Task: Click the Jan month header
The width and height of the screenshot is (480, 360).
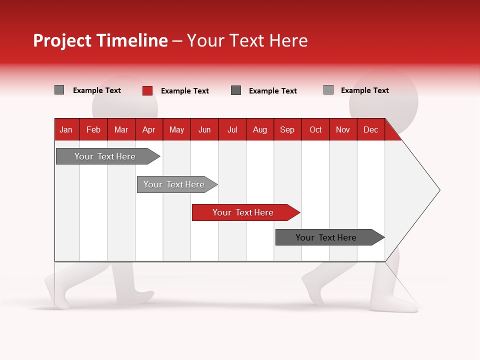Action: tap(66, 129)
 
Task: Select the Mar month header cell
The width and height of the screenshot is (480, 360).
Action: tap(121, 129)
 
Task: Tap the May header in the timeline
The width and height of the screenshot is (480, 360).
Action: tap(176, 129)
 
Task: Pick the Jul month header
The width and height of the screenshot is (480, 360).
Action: tap(232, 129)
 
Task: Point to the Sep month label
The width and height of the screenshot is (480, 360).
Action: tap(287, 129)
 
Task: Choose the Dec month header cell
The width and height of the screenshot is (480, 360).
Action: tap(370, 129)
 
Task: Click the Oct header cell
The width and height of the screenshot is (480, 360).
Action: tap(315, 129)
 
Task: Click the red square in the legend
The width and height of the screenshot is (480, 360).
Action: tap(147, 90)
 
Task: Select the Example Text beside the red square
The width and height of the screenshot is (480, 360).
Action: tap(184, 91)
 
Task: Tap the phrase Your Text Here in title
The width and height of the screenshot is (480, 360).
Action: tap(247, 40)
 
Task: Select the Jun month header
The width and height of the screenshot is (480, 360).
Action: tap(204, 129)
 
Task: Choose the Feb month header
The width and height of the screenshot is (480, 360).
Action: tap(93, 129)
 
